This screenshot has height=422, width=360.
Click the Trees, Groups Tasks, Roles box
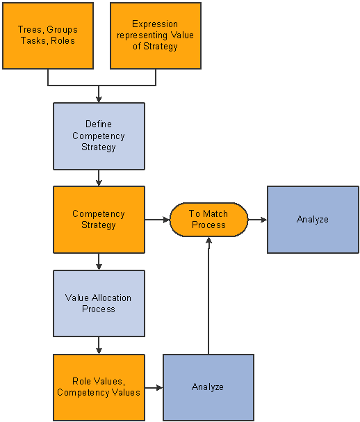tap(48, 35)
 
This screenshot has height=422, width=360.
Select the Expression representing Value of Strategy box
tap(155, 35)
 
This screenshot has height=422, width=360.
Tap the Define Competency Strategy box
tap(99, 136)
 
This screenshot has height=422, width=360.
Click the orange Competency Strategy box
tap(99, 219)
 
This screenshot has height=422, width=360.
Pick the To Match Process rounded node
tap(208, 219)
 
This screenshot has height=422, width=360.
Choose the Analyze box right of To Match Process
tap(312, 219)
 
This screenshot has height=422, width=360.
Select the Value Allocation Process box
tap(99, 303)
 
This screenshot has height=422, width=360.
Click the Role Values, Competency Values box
tap(99, 387)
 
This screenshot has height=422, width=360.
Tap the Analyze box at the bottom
tap(208, 387)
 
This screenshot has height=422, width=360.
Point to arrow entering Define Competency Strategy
tap(99, 95)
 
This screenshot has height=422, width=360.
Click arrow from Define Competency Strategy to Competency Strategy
tap(99, 178)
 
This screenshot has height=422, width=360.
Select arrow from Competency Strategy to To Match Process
tap(157, 219)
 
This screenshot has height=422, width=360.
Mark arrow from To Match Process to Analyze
tap(257, 219)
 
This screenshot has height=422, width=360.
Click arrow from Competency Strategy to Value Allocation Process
tap(99, 261)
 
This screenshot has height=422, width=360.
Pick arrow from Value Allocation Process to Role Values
tap(99, 346)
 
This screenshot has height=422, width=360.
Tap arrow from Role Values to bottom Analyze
tap(154, 387)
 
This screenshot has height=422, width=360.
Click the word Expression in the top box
tap(155, 24)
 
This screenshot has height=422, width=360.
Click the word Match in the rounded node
tap(215, 213)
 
